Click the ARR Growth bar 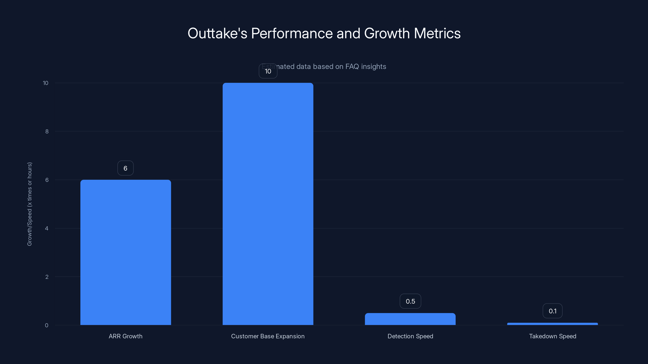pos(126,252)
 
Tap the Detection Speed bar pos(410,319)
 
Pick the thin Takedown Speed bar pos(552,324)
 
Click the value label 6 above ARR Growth pos(126,168)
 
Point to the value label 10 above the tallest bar pos(268,71)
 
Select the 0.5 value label pos(410,301)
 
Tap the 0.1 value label pos(552,311)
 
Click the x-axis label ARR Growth pos(126,336)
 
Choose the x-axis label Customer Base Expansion pos(268,336)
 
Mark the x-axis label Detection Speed pos(410,336)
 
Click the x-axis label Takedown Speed pos(552,336)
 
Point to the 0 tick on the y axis pos(47,325)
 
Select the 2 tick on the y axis pos(47,277)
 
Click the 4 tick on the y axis pos(47,228)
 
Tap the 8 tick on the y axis pos(47,131)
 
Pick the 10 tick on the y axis pos(46,83)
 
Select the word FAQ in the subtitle pos(352,67)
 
